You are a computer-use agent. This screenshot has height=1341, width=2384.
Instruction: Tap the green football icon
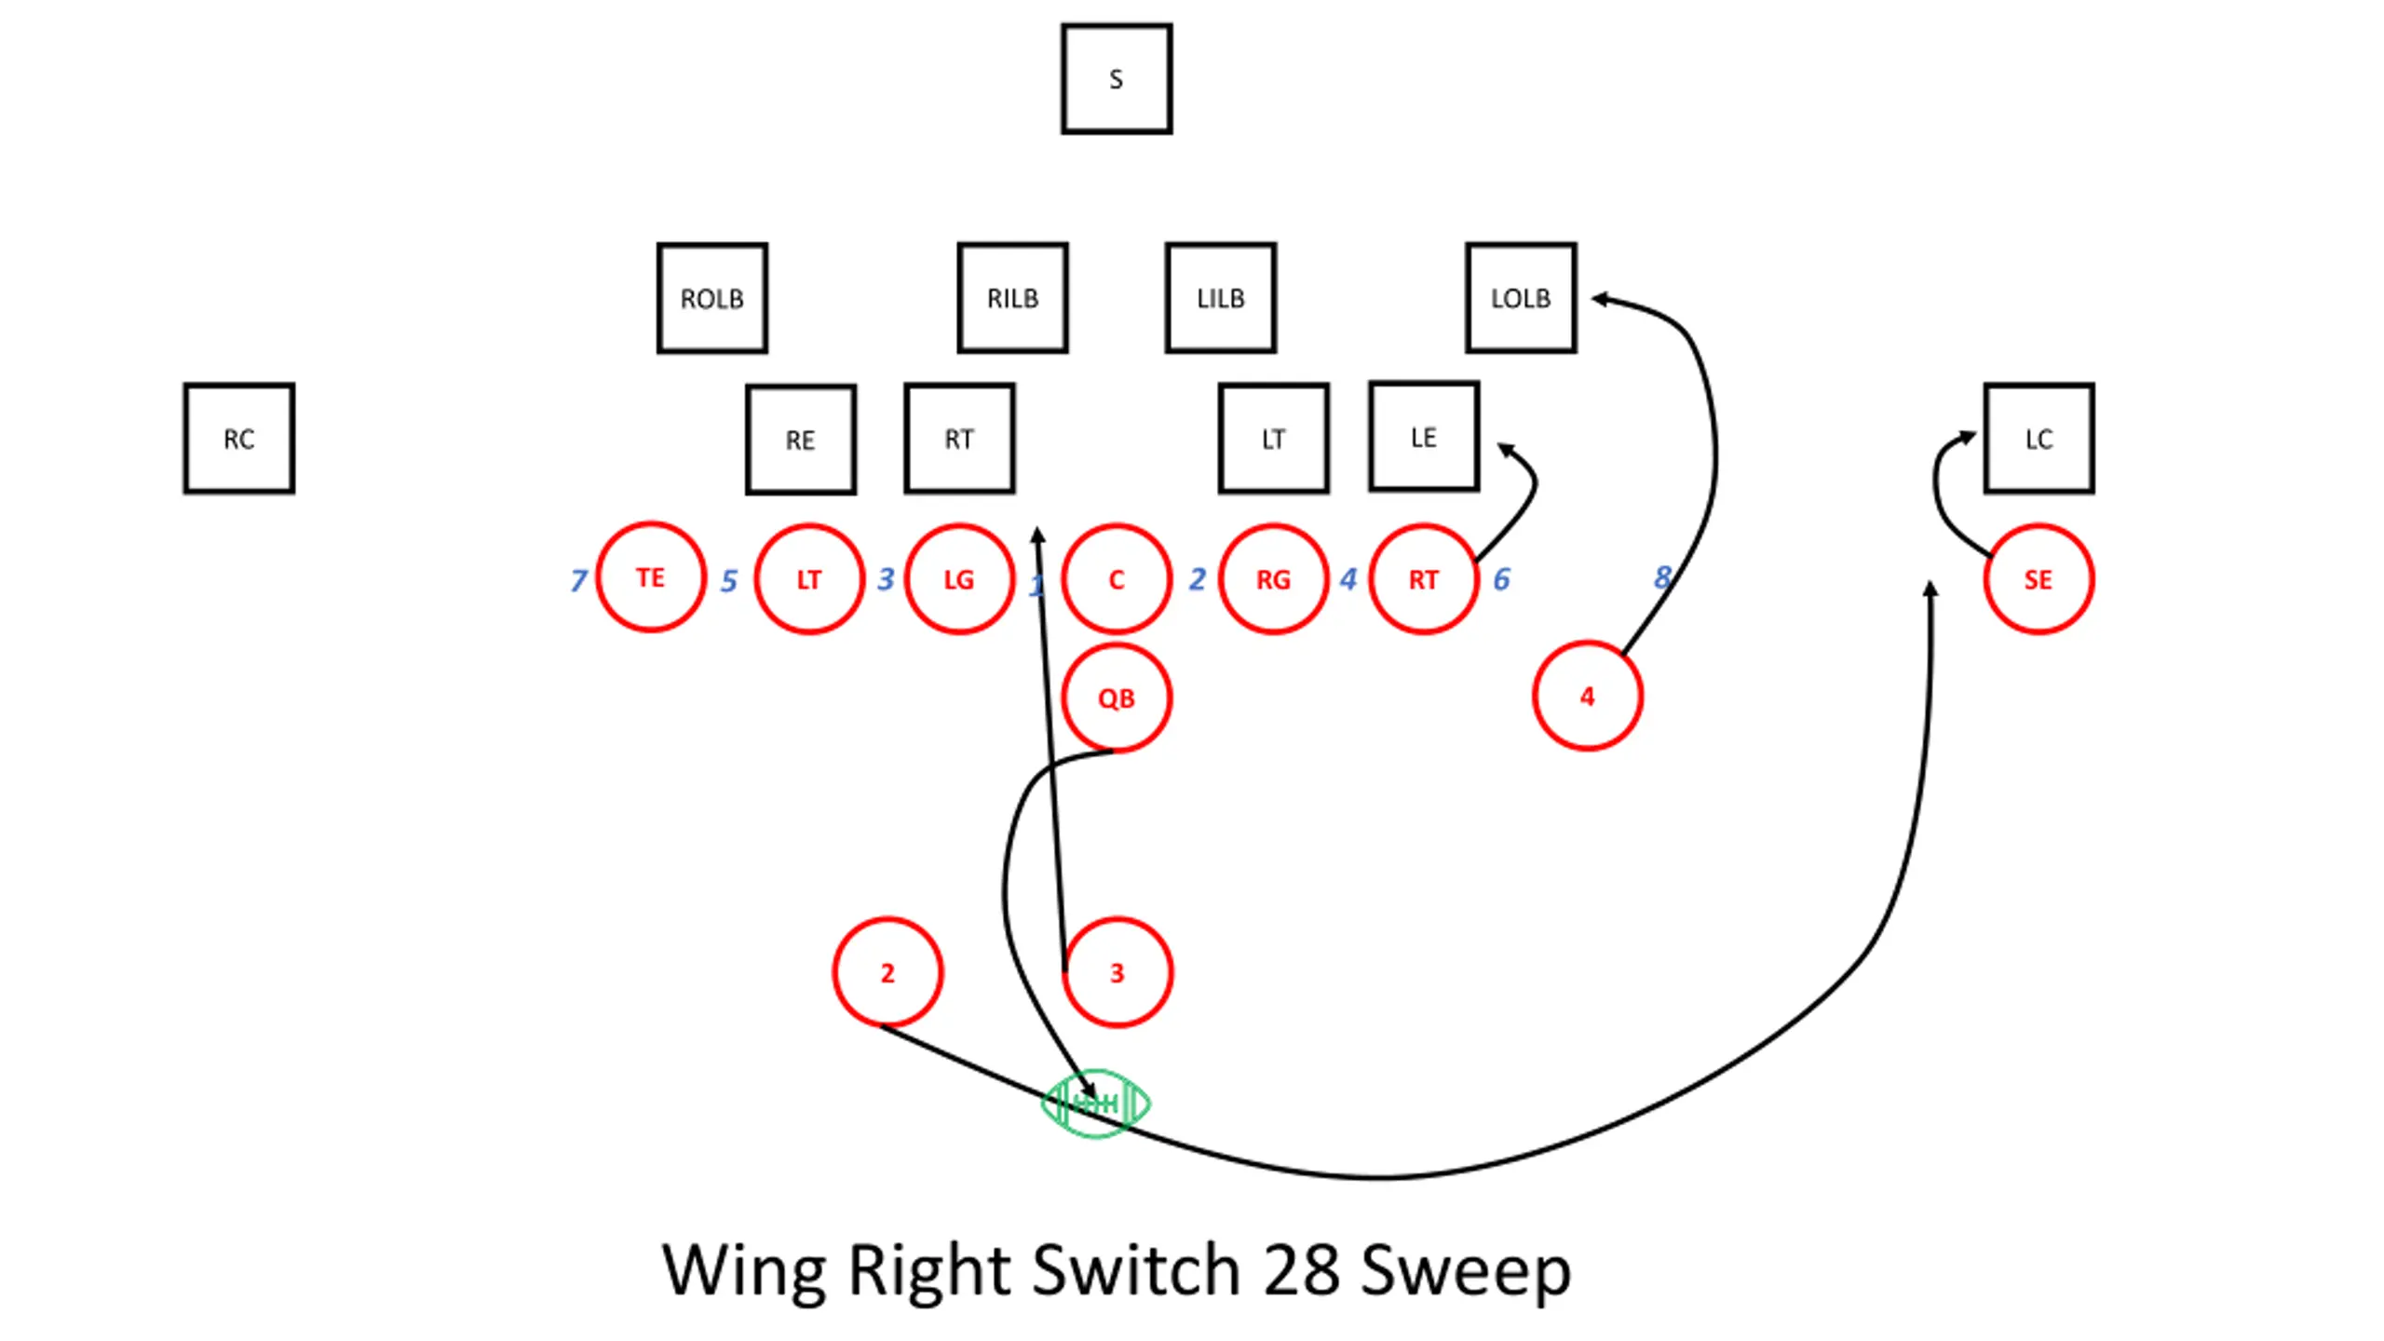1096,1104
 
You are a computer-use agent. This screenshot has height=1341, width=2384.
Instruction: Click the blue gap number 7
578,580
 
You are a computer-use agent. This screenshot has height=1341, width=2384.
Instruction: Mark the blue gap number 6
1501,579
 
